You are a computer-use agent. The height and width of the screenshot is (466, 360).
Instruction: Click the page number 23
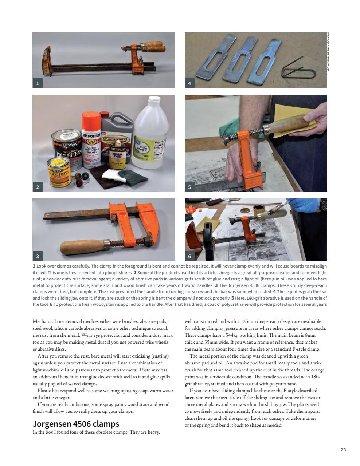tap(343, 450)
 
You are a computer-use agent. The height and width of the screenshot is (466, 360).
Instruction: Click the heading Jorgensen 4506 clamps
tap(76, 424)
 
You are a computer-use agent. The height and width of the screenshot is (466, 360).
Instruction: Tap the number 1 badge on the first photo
tap(37, 83)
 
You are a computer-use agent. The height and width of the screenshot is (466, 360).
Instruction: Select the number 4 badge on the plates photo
tap(189, 83)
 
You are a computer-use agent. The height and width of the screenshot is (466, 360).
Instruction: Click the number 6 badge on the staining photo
tap(189, 256)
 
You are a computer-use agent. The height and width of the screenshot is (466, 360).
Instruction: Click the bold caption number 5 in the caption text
tap(232, 298)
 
